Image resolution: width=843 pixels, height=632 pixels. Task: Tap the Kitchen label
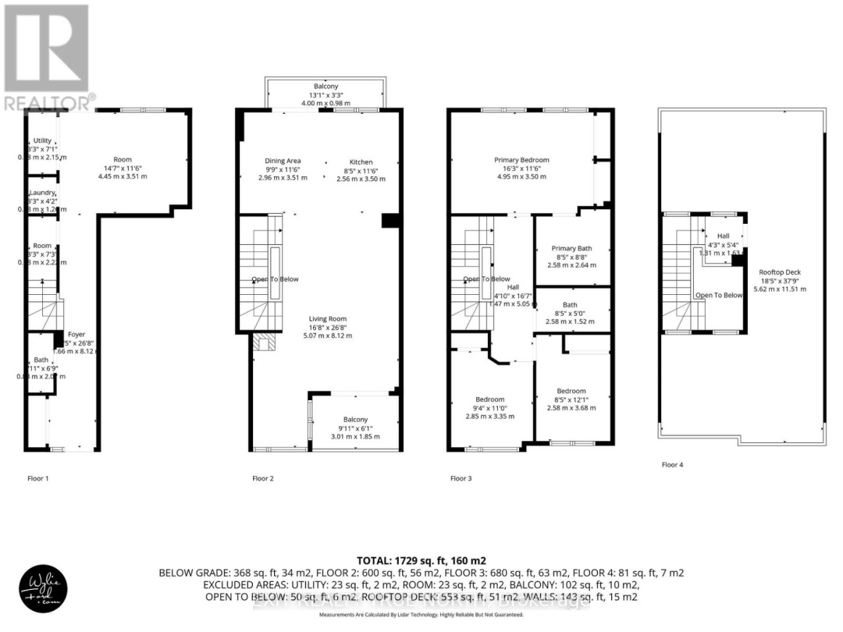[x=361, y=162]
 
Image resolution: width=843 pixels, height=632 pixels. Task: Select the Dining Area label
[x=283, y=162]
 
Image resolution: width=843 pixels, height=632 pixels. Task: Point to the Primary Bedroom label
[x=522, y=160]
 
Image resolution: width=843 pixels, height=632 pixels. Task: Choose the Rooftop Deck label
[x=780, y=272]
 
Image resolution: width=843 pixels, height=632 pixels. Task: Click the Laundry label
[x=43, y=193]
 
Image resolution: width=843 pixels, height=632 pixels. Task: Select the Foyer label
[x=76, y=334]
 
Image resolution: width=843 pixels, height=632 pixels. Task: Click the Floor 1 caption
[x=37, y=478]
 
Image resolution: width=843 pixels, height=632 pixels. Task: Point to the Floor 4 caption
[x=672, y=465]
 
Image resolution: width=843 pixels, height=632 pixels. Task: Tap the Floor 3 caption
[x=461, y=478]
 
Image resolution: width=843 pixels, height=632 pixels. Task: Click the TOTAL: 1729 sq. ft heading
[x=421, y=560]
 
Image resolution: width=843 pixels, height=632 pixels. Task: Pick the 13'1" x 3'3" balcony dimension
[x=325, y=94]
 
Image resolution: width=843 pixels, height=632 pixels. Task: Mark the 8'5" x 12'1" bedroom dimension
[x=571, y=399]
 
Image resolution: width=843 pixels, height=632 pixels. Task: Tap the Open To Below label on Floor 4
[x=719, y=295]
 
